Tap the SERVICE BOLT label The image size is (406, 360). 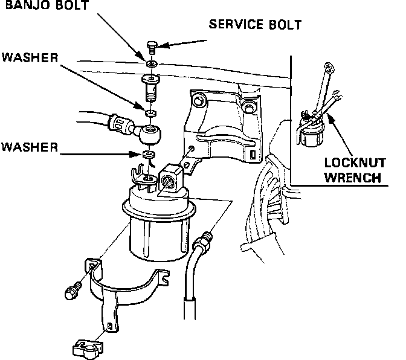click(254, 25)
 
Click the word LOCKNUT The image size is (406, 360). click(352, 164)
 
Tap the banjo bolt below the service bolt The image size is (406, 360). click(151, 88)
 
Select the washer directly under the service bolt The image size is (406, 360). click(150, 63)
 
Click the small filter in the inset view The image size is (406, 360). click(311, 132)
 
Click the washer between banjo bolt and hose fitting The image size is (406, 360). click(150, 113)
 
